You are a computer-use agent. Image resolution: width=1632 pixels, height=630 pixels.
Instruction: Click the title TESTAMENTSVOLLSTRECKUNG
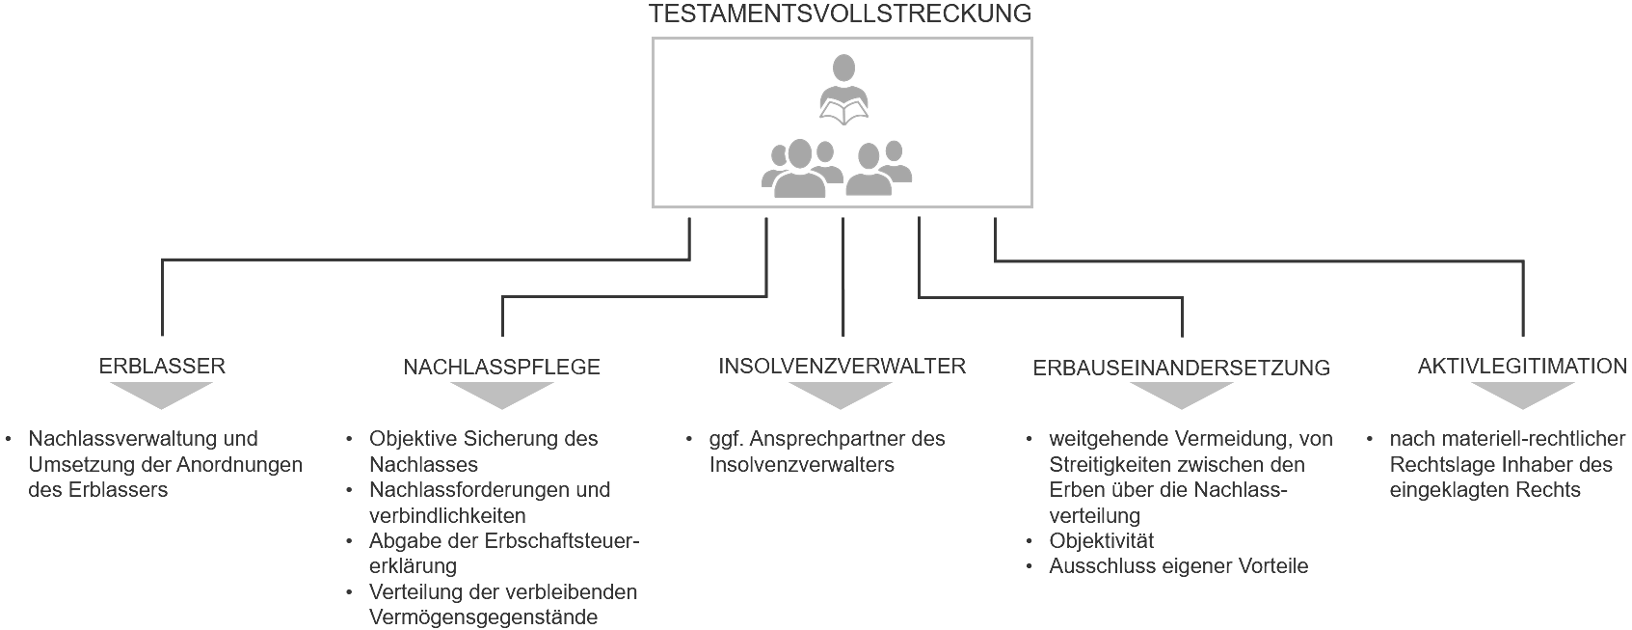[x=840, y=14]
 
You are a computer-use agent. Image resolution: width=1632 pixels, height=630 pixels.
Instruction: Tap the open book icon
[x=843, y=112]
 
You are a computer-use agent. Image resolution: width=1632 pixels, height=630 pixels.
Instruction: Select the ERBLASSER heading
[x=162, y=366]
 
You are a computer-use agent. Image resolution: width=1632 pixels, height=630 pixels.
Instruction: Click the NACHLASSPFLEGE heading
[x=501, y=367]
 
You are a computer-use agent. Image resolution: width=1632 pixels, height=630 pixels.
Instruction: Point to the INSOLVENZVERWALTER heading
[x=842, y=366]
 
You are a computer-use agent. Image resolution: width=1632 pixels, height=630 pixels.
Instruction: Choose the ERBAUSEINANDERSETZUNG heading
[x=1181, y=368]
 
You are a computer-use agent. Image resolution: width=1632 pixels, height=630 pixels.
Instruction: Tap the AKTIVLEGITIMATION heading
[x=1522, y=366]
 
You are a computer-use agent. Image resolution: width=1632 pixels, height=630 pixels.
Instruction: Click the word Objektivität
[x=1102, y=541]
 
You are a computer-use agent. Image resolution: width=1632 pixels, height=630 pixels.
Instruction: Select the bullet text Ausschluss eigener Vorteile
[x=1178, y=565]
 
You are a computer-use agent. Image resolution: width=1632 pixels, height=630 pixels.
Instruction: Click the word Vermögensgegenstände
[x=483, y=617]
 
